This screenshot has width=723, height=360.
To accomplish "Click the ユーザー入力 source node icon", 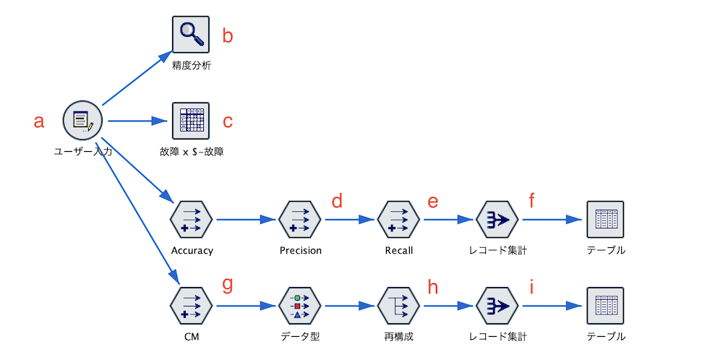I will click(x=82, y=121).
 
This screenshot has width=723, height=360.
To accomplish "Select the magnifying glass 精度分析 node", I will click(x=191, y=35).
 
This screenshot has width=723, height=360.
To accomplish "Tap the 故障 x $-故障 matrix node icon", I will click(x=191, y=121).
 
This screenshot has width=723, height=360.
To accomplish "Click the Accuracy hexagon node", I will click(x=192, y=220).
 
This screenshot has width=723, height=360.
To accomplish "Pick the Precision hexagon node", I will click(x=300, y=220).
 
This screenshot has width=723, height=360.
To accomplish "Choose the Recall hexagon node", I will click(x=398, y=220).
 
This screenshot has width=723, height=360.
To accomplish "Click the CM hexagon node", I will click(x=192, y=307).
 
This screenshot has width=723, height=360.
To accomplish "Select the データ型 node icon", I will click(x=300, y=307).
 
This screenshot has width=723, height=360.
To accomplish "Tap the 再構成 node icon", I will click(x=398, y=307).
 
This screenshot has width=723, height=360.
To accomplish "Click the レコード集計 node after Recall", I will click(x=497, y=220).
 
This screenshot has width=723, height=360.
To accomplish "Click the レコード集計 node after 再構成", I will click(x=497, y=307).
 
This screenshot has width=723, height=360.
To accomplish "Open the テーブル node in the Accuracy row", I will click(x=605, y=220).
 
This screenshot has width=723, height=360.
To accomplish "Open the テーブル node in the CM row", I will click(x=605, y=307).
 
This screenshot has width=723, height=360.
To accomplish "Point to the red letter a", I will click(x=39, y=121).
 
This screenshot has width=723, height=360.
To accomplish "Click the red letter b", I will click(x=228, y=35).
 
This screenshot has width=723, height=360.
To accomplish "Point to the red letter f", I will click(x=531, y=200).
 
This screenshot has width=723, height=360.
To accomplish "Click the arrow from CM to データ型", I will click(x=246, y=307).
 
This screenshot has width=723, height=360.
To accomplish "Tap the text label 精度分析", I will click(x=192, y=66).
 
